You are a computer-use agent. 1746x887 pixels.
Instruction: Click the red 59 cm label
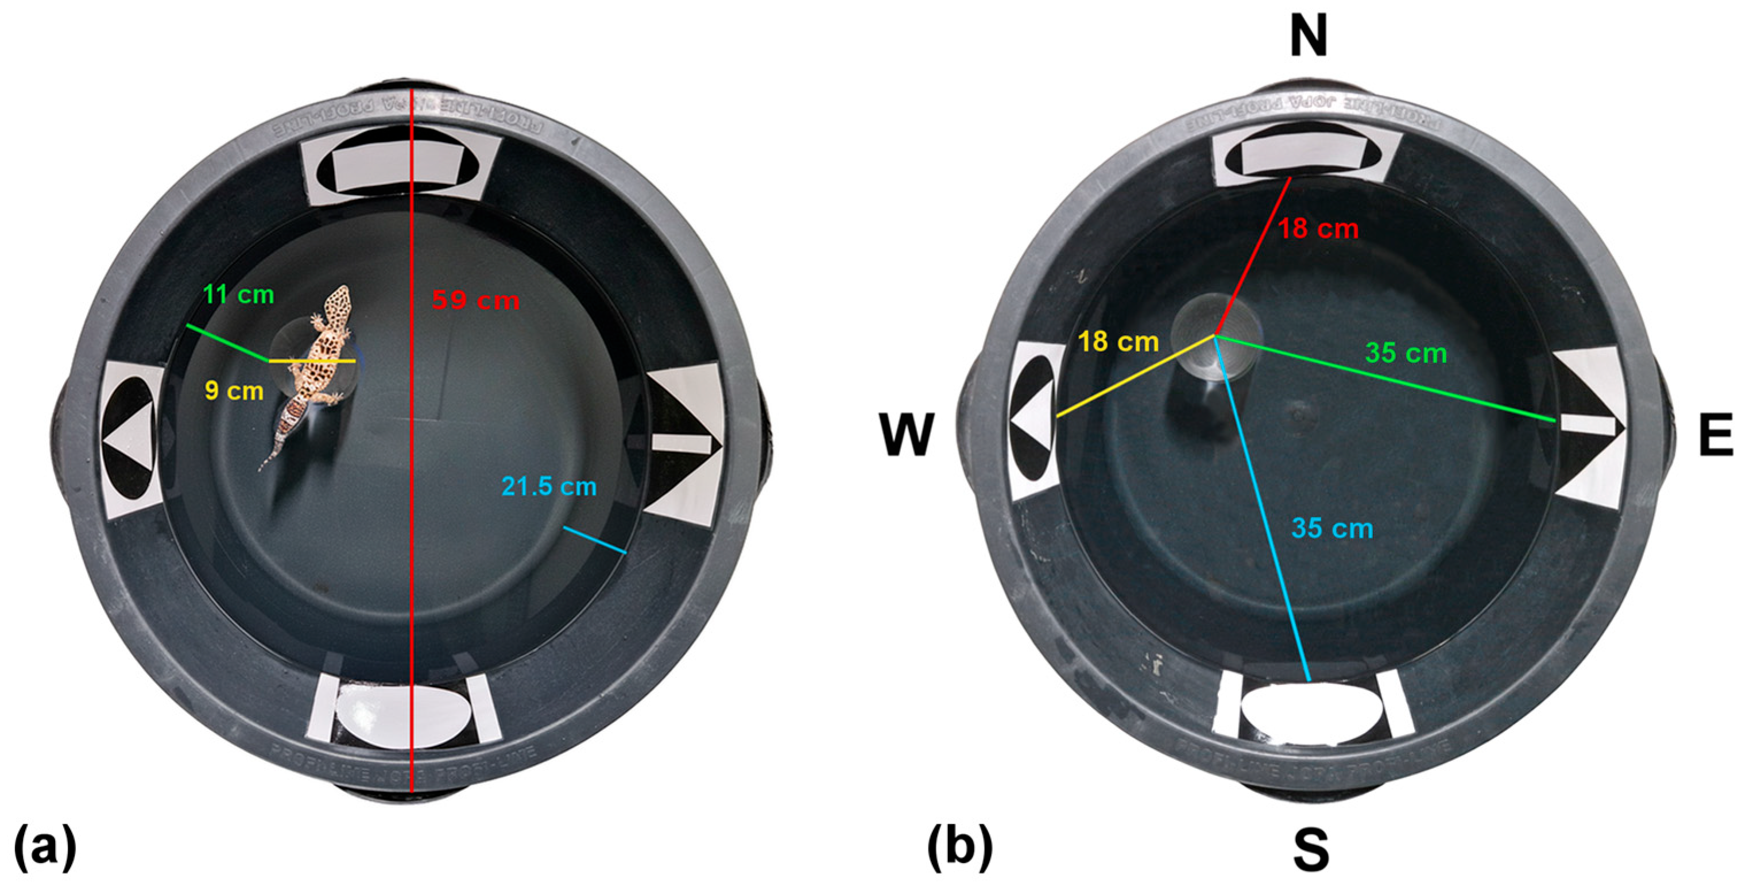[476, 300]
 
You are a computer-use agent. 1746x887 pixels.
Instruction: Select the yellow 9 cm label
[234, 391]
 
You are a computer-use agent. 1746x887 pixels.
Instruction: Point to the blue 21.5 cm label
[549, 486]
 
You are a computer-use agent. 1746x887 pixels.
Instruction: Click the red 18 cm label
[1318, 229]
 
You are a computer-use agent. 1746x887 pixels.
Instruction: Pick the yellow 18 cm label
[1118, 342]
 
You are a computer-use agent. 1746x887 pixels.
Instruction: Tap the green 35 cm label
[1406, 353]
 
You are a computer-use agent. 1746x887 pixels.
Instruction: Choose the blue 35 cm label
[1332, 529]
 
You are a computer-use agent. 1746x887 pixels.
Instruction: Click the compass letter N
[1308, 38]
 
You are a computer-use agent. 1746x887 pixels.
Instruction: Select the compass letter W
[907, 436]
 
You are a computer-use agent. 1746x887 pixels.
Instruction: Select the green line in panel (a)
[227, 343]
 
